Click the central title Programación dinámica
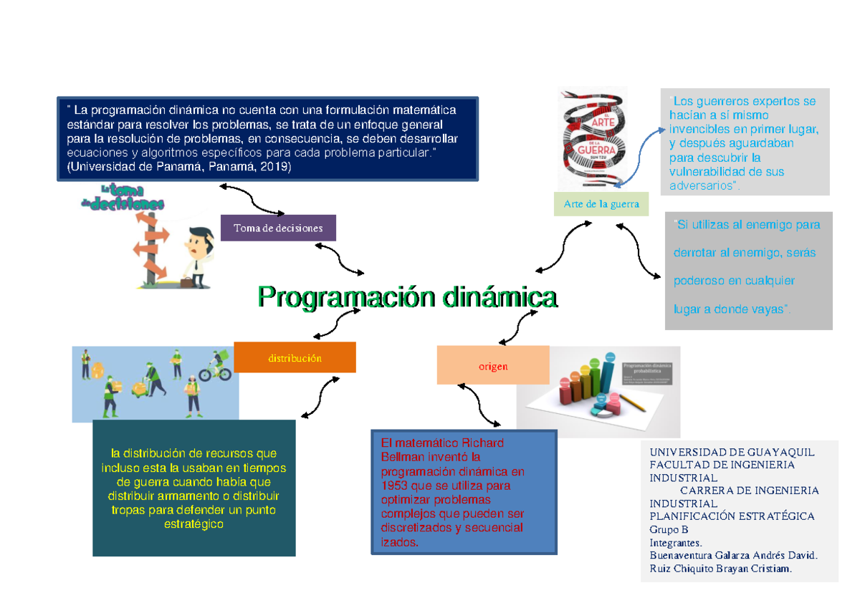tap(407, 296)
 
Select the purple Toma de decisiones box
tap(277, 228)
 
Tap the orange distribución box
tap(295, 358)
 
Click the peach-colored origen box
tap(493, 366)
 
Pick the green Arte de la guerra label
tap(601, 204)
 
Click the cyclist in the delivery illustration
tap(215, 367)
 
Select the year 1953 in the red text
tap(394, 486)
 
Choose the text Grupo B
tap(669, 529)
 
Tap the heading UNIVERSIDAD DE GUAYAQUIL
tap(732, 452)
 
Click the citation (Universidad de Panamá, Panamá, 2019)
tap(178, 167)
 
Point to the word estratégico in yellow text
tap(194, 524)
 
